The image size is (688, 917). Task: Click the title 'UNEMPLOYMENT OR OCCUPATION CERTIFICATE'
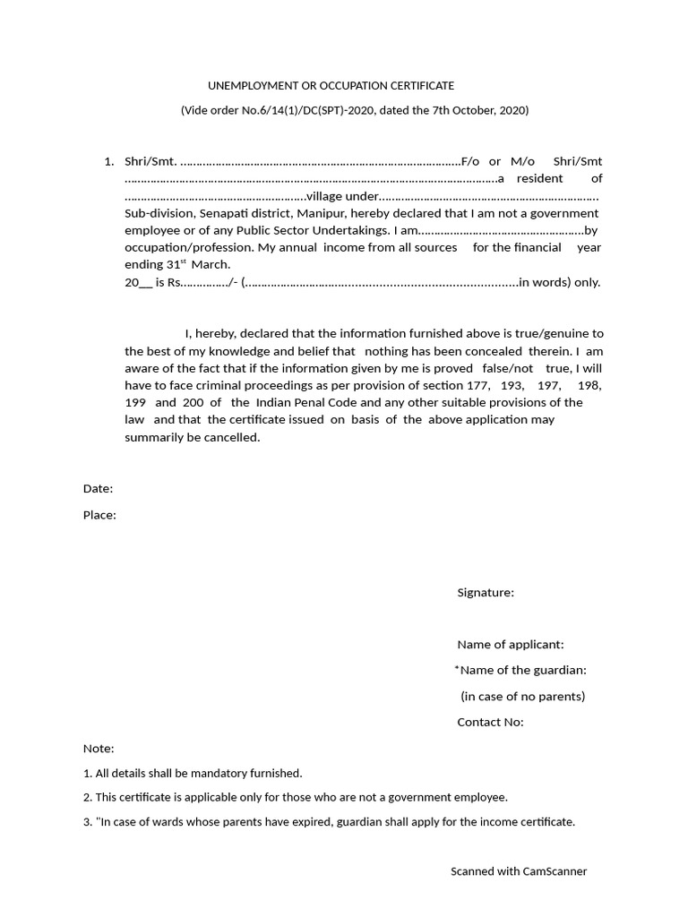[331, 86]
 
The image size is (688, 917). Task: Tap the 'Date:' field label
[98, 489]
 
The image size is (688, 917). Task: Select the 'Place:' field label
[99, 515]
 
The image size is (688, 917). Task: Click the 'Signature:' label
[486, 593]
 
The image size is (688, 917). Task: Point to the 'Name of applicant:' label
[510, 645]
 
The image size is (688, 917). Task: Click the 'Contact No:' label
[490, 723]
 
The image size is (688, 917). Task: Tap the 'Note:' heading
[99, 749]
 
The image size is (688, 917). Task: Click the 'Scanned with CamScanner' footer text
[518, 871]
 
